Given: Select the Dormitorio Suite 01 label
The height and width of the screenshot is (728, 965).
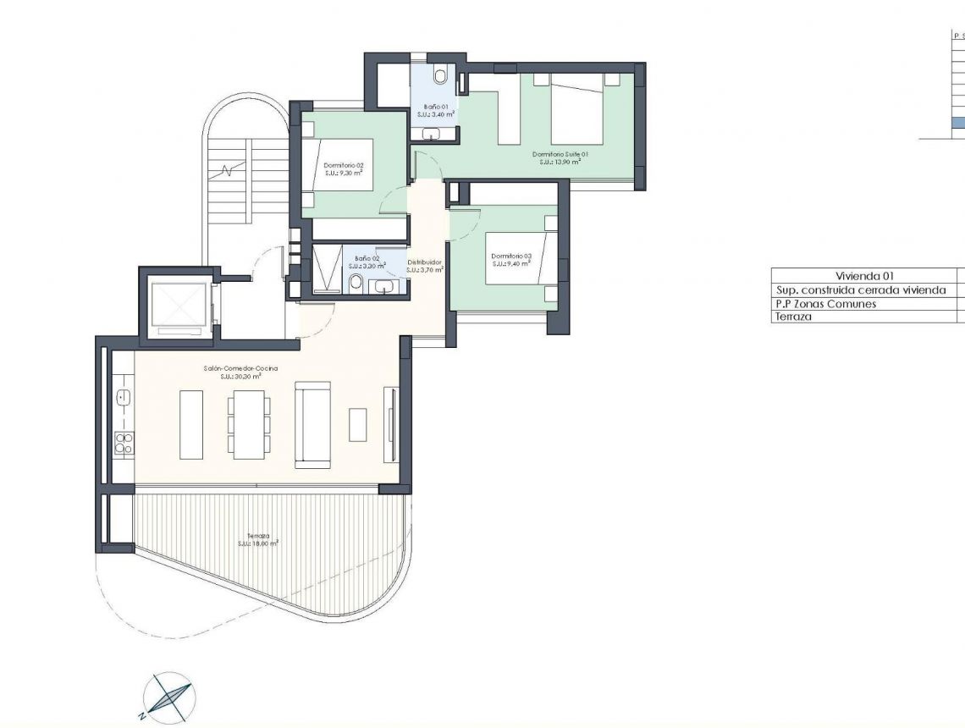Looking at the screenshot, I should (560, 154).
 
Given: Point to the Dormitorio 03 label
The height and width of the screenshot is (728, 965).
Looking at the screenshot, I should (510, 256).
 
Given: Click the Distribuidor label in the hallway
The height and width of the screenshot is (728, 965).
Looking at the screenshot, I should (425, 262).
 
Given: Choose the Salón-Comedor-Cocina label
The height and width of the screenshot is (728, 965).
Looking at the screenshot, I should (240, 368).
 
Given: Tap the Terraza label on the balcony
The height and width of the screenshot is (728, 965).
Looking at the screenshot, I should (258, 535).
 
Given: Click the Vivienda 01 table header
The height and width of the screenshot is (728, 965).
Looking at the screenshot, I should (864, 276).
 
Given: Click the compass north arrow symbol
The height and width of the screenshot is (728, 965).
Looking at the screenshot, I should (170, 698).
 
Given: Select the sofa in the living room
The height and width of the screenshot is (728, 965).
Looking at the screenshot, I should (312, 424).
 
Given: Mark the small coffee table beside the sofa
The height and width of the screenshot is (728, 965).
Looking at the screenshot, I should (358, 424).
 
